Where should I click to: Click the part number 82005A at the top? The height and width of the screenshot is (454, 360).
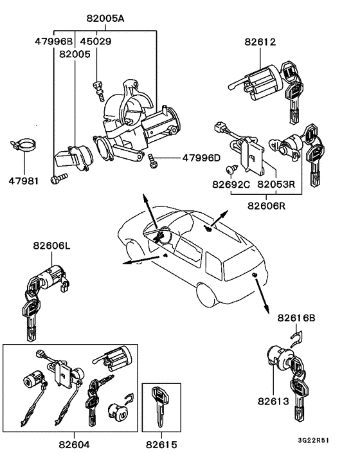point(105,19)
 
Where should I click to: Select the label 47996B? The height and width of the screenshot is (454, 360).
point(55,42)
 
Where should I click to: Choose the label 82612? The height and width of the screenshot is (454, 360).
point(260,43)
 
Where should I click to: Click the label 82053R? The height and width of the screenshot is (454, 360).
point(276,184)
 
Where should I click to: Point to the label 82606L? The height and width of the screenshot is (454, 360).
point(53,246)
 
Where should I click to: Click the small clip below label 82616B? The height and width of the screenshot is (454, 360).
point(297,336)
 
